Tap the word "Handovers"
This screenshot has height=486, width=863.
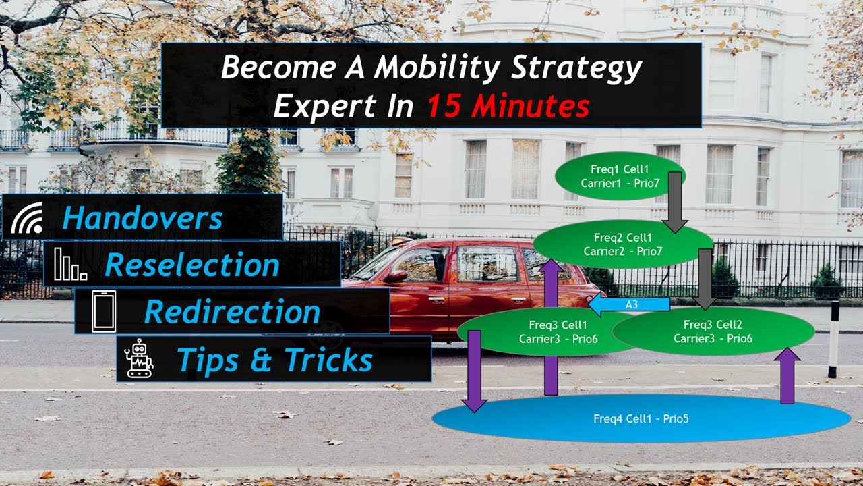142,218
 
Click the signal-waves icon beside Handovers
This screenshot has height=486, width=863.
26,218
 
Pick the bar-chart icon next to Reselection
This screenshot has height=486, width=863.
69,264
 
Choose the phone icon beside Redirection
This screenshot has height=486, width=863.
104,311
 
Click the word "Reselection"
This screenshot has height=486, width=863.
192,265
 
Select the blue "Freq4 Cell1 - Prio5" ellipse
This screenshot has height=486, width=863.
641,418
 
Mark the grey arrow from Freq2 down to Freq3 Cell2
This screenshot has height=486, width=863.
705,277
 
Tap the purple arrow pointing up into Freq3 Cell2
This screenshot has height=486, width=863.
786,375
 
